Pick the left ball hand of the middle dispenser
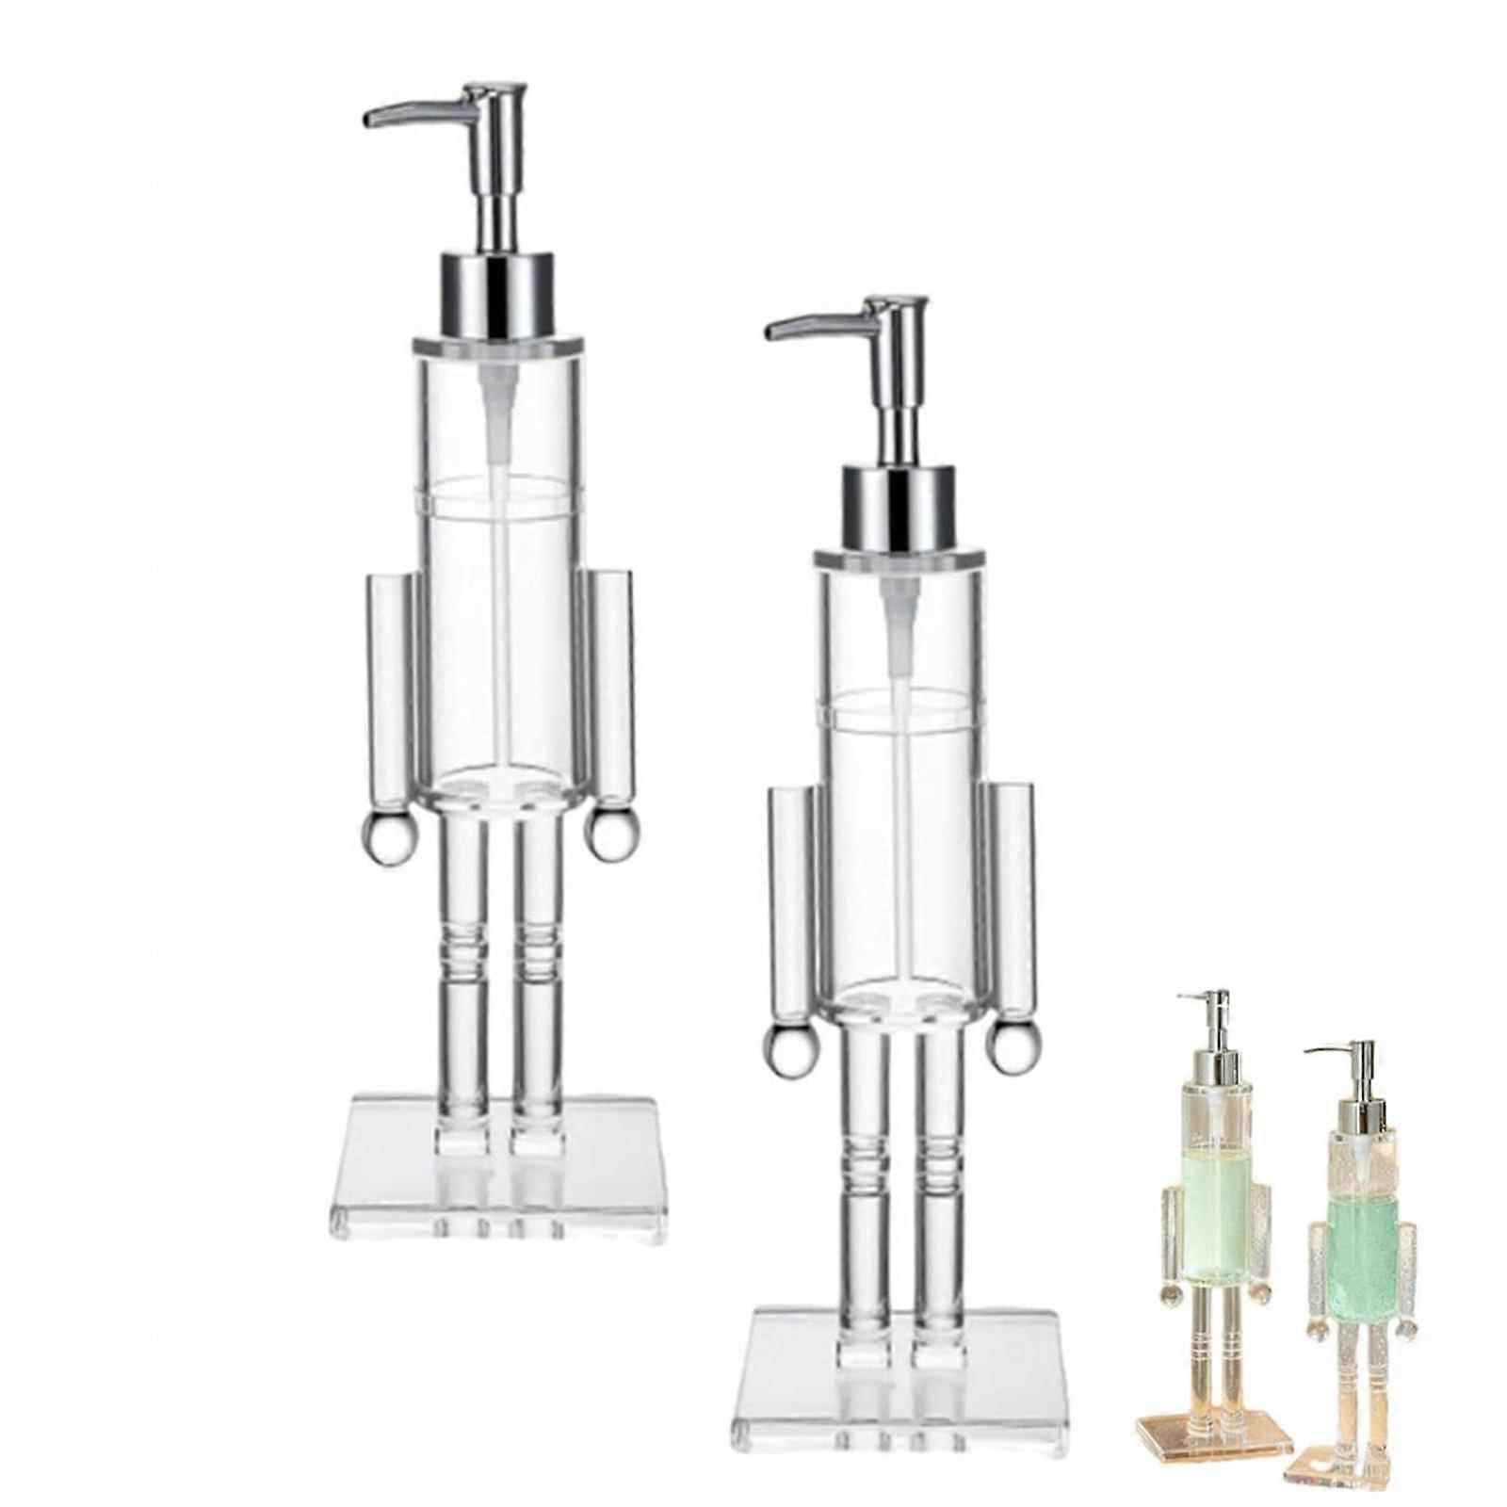click(787, 1051)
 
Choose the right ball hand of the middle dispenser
click(1013, 1047)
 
